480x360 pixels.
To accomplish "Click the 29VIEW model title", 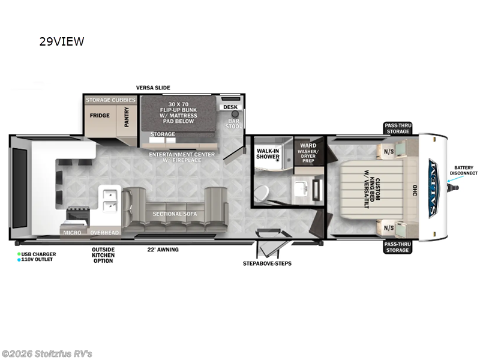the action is pyautogui.click(x=62, y=41).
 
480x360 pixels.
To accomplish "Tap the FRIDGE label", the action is pyautogui.click(x=100, y=115).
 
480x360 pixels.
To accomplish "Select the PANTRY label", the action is pyautogui.click(x=127, y=116).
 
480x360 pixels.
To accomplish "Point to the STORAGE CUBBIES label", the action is pyautogui.click(x=110, y=100).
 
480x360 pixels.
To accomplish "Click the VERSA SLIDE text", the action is pyautogui.click(x=153, y=88).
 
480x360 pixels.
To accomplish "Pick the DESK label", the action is pyautogui.click(x=230, y=107).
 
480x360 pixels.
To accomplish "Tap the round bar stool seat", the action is pyautogui.click(x=235, y=114).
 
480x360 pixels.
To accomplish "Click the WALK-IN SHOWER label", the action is pyautogui.click(x=268, y=154).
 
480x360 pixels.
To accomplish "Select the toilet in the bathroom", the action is pyautogui.click(x=260, y=193).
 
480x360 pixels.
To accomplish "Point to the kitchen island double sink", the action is pyautogui.click(x=110, y=200).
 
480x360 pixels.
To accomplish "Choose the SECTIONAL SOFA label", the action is pyautogui.click(x=175, y=214).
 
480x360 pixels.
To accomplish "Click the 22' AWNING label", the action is pyautogui.click(x=163, y=250).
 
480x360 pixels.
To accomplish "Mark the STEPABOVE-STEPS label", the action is pyautogui.click(x=267, y=263).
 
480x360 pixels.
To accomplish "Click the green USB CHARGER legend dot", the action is pyautogui.click(x=19, y=254).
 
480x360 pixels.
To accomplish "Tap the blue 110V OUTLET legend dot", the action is pyautogui.click(x=19, y=260).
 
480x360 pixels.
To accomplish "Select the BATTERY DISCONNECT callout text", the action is pyautogui.click(x=463, y=170).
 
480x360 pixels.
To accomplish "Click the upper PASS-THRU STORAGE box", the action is pyautogui.click(x=398, y=128).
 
